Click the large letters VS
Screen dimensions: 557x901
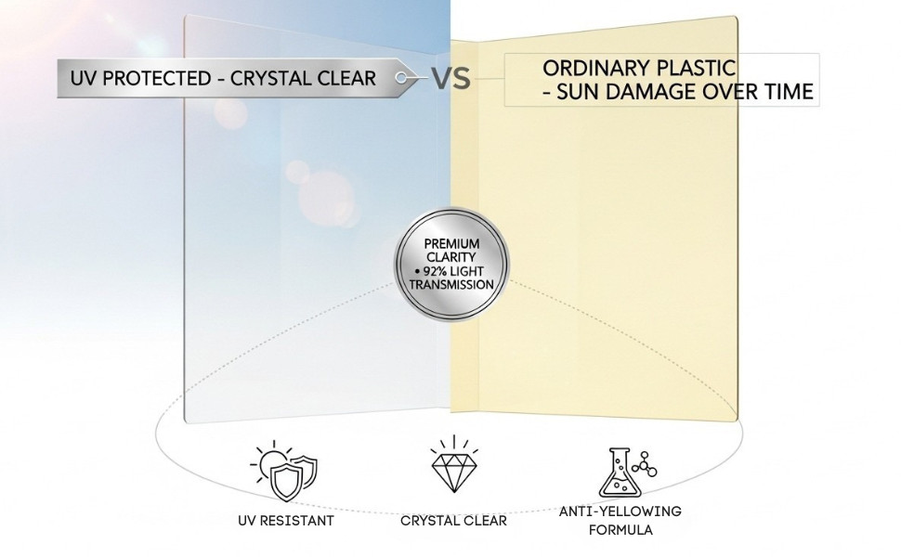tap(450, 79)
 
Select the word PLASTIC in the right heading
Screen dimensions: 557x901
tap(703, 69)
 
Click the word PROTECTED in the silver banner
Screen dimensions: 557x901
tap(151, 78)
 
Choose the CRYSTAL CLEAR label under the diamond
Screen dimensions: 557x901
tap(453, 520)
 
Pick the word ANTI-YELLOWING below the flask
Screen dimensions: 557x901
tap(620, 512)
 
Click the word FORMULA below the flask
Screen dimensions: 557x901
tap(620, 530)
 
